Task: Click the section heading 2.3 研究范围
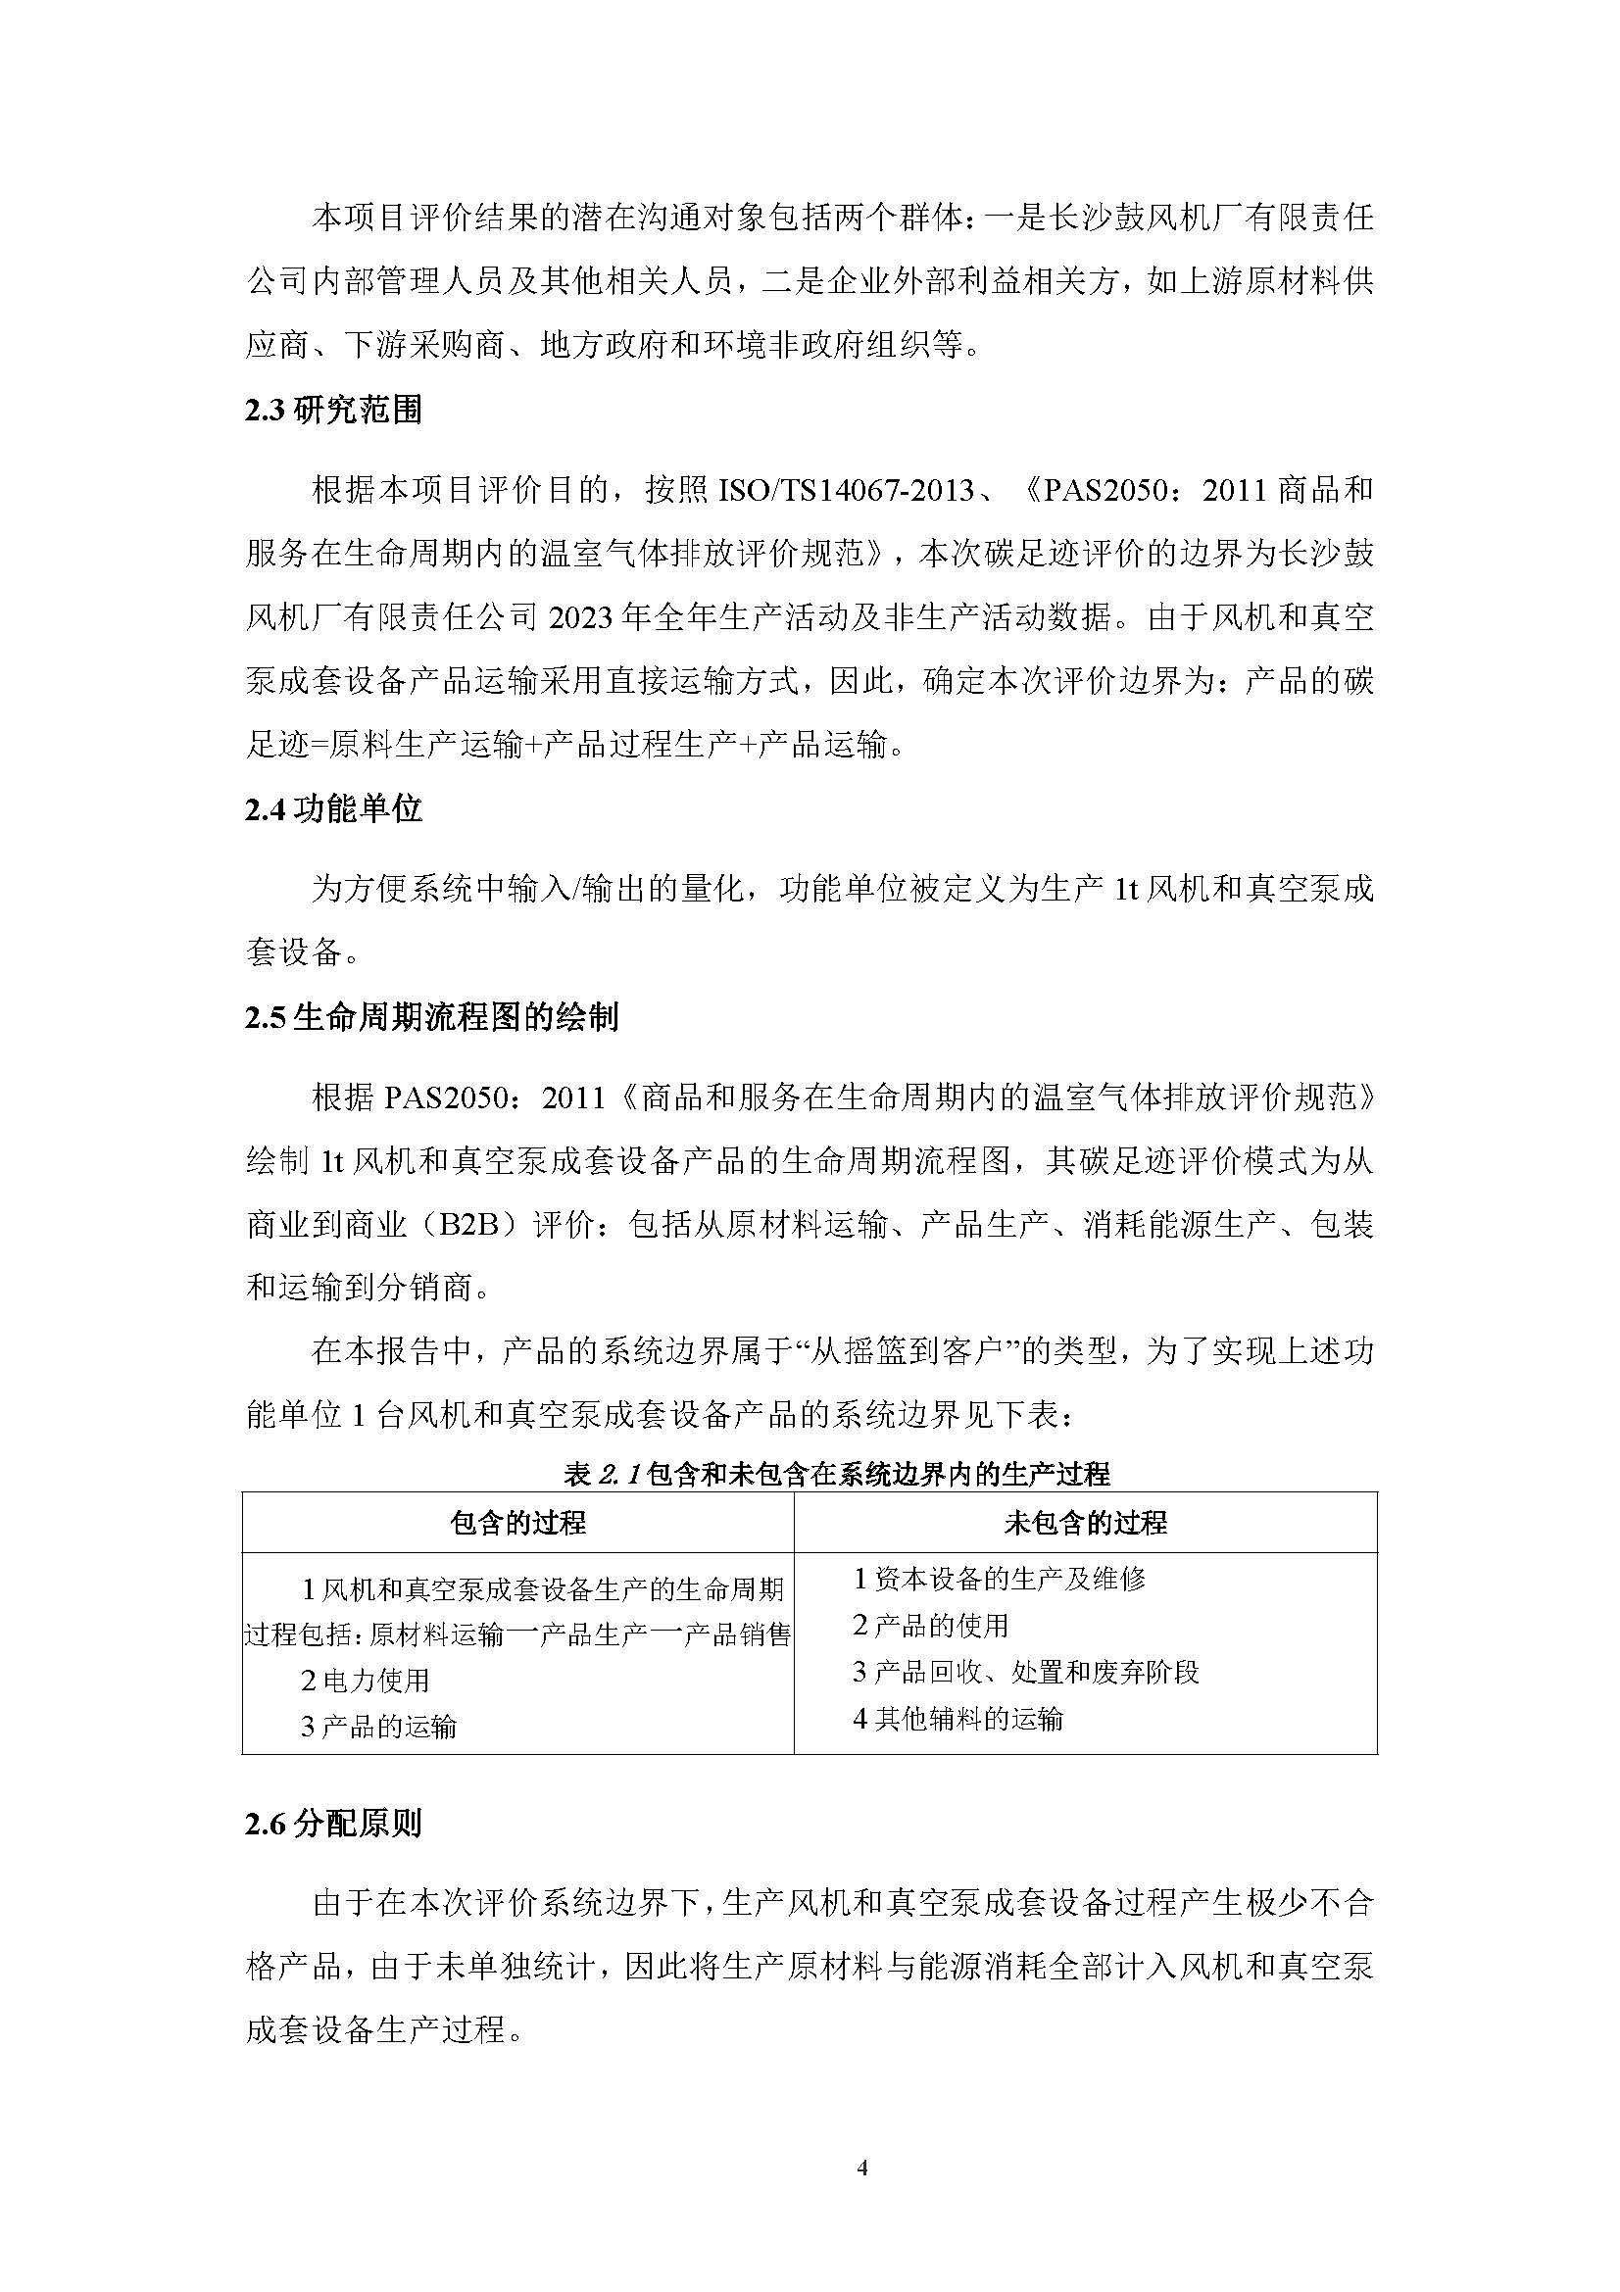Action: tap(333, 411)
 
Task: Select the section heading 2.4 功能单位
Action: tap(333, 808)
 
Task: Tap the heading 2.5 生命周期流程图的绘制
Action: tap(431, 1017)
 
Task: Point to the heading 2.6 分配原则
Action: tap(333, 1824)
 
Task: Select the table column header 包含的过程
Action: tap(517, 1523)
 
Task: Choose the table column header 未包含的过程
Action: tap(1085, 1523)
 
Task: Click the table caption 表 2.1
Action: tap(836, 1474)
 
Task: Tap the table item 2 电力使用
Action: tap(366, 1681)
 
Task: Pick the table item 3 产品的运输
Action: tap(378, 1726)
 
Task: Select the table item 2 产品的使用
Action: tap(930, 1625)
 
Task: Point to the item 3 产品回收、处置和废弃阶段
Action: tap(1025, 1672)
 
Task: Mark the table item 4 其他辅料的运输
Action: tap(957, 1718)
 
